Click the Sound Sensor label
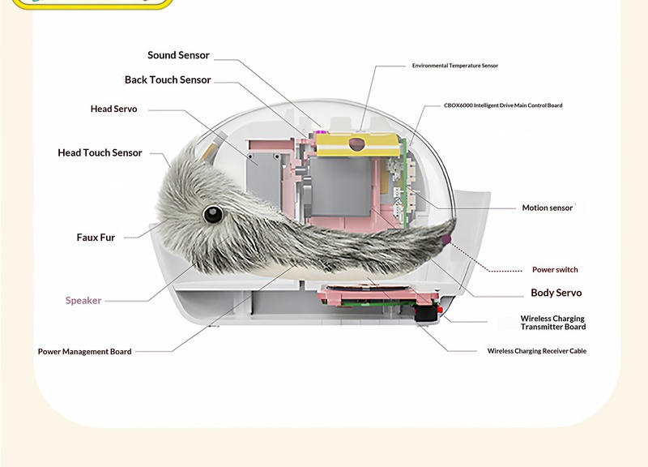point(178,55)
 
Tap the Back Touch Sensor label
point(168,79)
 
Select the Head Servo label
point(113,109)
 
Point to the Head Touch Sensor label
point(100,152)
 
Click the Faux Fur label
point(96,238)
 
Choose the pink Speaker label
point(83,300)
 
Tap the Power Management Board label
point(85,352)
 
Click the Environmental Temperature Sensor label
point(455,66)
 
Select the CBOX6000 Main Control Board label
point(503,105)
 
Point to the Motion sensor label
point(548,208)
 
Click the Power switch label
point(555,270)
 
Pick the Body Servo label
point(556,293)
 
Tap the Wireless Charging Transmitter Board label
point(553,323)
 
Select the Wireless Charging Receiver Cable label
point(537,351)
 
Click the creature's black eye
point(213,214)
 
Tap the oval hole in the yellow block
point(357,144)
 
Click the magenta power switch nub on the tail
point(446,239)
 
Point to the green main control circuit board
point(404,183)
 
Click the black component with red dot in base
point(427,311)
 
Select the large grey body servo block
point(340,186)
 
